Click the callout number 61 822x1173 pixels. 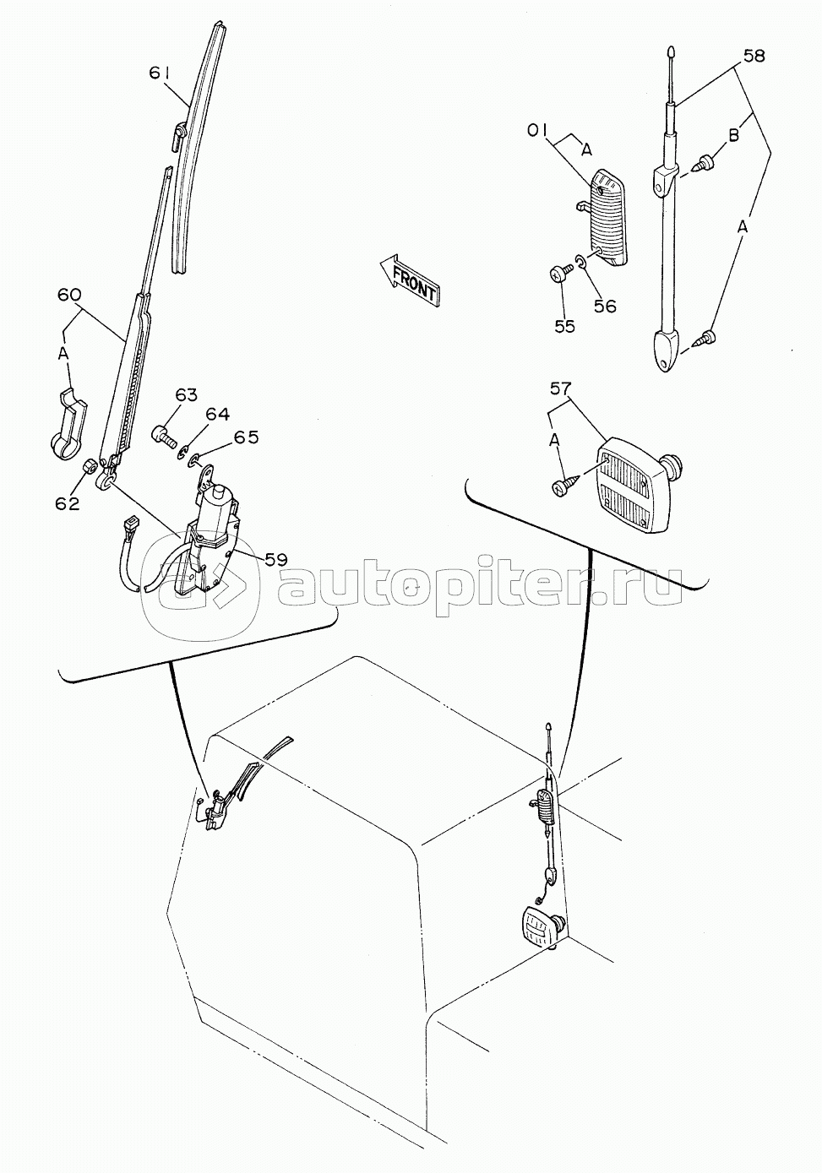coord(163,73)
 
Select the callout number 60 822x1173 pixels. coord(69,296)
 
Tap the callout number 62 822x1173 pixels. coord(68,503)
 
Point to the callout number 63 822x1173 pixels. coord(171,394)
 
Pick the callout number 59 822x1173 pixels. coord(275,560)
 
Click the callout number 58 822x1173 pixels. coord(753,56)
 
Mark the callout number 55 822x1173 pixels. coord(564,326)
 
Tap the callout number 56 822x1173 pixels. coord(605,306)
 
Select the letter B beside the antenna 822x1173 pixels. coord(734,135)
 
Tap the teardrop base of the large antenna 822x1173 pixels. coord(668,350)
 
